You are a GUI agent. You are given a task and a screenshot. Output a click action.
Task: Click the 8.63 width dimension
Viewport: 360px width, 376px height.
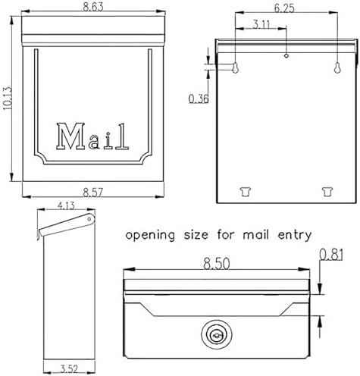click(x=93, y=7)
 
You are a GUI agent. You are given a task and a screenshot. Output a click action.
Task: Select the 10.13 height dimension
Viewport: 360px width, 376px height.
click(x=8, y=99)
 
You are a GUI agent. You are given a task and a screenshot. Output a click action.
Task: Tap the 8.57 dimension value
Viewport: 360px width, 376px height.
click(x=93, y=193)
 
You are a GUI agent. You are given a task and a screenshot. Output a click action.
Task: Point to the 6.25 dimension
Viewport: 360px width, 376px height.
click(x=284, y=8)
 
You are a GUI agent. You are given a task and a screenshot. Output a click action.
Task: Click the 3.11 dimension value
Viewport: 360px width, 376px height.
click(x=261, y=24)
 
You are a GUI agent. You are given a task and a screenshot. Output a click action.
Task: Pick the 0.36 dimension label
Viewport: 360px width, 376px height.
click(x=199, y=99)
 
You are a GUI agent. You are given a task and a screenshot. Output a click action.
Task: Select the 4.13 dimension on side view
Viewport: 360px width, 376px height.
click(x=66, y=206)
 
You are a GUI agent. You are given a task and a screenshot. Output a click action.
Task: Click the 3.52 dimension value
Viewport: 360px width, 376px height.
click(x=69, y=369)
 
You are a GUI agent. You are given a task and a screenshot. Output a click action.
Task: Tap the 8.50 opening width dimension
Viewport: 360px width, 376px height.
click(x=217, y=264)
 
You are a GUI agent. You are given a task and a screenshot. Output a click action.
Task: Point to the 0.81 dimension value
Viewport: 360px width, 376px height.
click(x=331, y=255)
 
